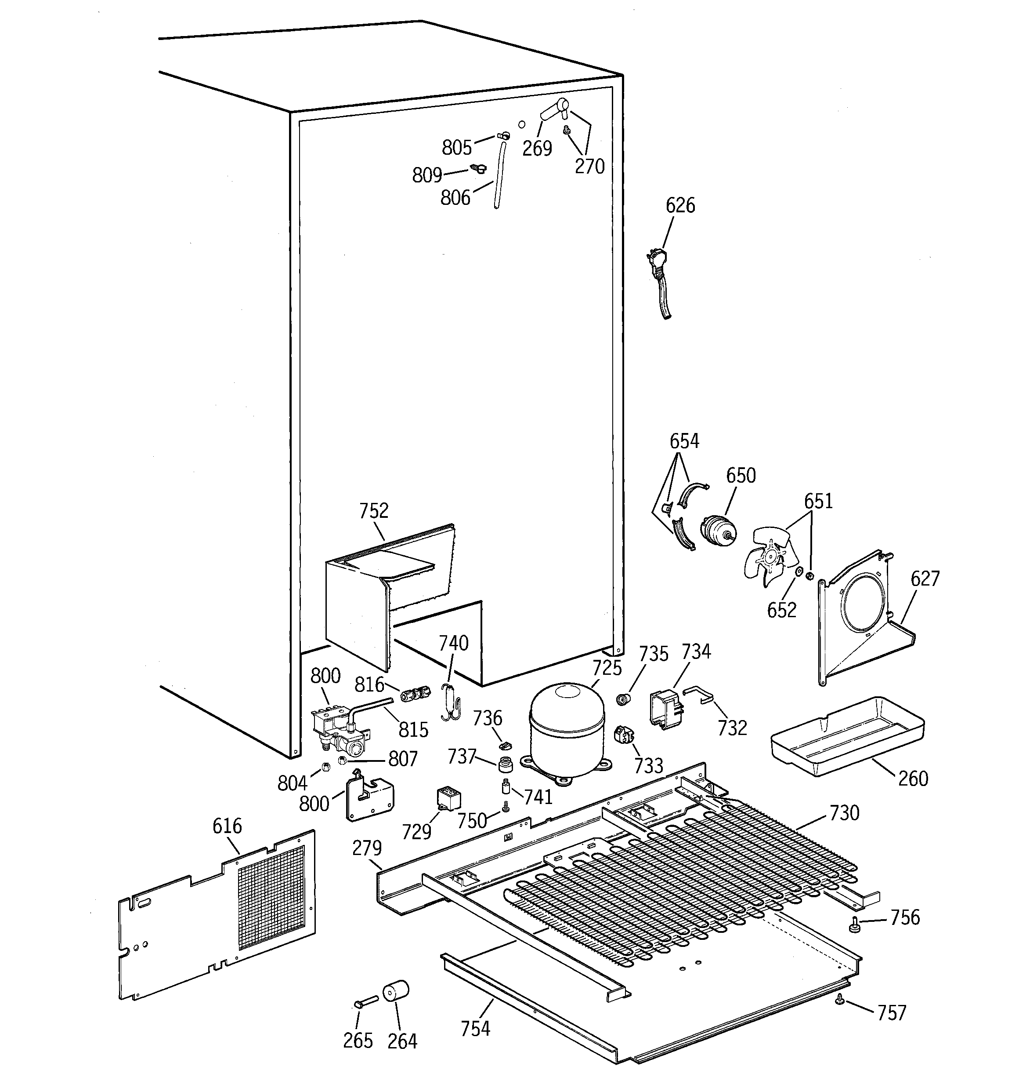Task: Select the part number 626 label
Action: (680, 206)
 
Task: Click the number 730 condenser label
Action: (844, 813)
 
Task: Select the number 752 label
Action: (374, 511)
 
